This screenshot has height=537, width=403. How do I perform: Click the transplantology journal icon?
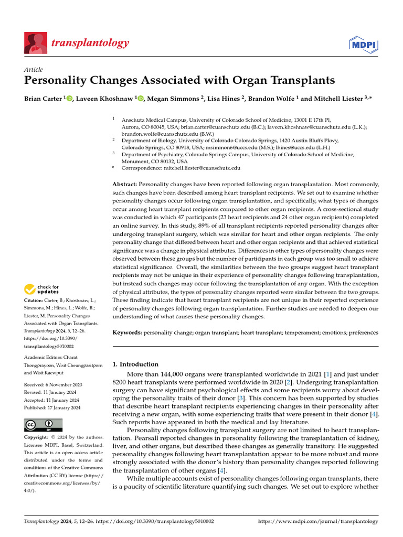pos(36,42)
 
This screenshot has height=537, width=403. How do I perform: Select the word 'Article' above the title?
pos(34,70)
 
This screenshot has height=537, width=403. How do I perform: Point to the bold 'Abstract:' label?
pos(125,185)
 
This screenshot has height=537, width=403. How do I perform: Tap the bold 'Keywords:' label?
pos(128,332)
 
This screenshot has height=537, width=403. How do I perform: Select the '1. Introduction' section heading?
pos(135,364)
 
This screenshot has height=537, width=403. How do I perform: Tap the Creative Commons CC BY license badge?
pos(43,425)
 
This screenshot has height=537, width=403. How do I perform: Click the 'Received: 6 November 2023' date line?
pos(52,385)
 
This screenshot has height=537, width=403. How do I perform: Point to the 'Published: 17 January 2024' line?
pos(52,407)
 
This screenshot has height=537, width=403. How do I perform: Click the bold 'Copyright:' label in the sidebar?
pos(37,437)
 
